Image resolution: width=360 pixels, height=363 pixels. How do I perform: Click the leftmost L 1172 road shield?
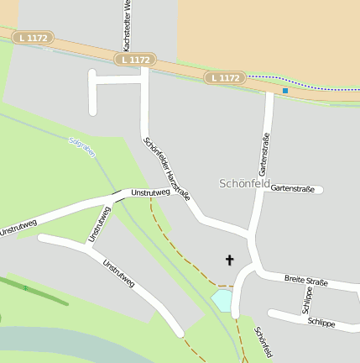tap(33, 38)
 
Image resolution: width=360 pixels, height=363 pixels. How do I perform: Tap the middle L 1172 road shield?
tap(135, 60)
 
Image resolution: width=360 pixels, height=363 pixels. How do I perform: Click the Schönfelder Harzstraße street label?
tap(167, 169)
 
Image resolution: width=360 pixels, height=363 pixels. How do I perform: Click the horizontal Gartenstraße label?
tap(292, 189)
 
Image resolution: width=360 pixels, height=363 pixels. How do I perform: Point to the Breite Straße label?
tap(305, 280)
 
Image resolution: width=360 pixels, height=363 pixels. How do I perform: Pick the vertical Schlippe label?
tap(307, 299)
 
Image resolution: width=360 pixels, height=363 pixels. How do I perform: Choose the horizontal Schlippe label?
tap(321, 322)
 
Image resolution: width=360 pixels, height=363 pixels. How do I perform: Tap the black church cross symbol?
tap(229, 260)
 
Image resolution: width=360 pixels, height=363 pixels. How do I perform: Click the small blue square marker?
tap(285, 90)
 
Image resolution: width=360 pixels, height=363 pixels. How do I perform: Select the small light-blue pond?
tap(222, 299)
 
